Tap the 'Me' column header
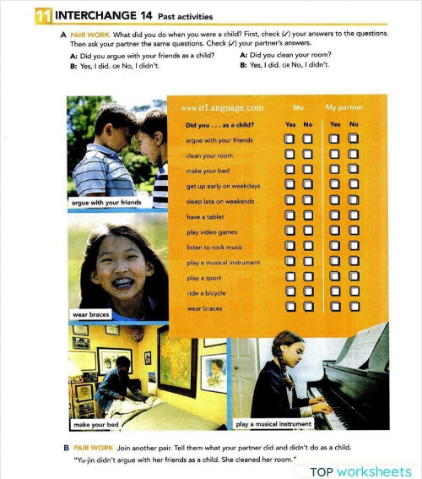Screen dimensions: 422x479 click(298, 108)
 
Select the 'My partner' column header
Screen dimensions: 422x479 click(344, 108)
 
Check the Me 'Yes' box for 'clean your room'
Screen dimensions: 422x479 click(289, 155)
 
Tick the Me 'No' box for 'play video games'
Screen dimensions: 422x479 click(308, 231)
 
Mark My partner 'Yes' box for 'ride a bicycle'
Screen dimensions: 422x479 click(335, 292)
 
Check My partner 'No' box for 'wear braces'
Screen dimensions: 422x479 click(354, 308)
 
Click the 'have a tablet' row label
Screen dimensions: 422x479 click(205, 216)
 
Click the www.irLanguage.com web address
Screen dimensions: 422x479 click(222, 108)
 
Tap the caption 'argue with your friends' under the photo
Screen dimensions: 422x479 click(105, 203)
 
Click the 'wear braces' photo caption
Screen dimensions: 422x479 click(91, 314)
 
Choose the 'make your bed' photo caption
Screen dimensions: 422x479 click(94, 424)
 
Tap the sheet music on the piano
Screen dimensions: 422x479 click(364, 346)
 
